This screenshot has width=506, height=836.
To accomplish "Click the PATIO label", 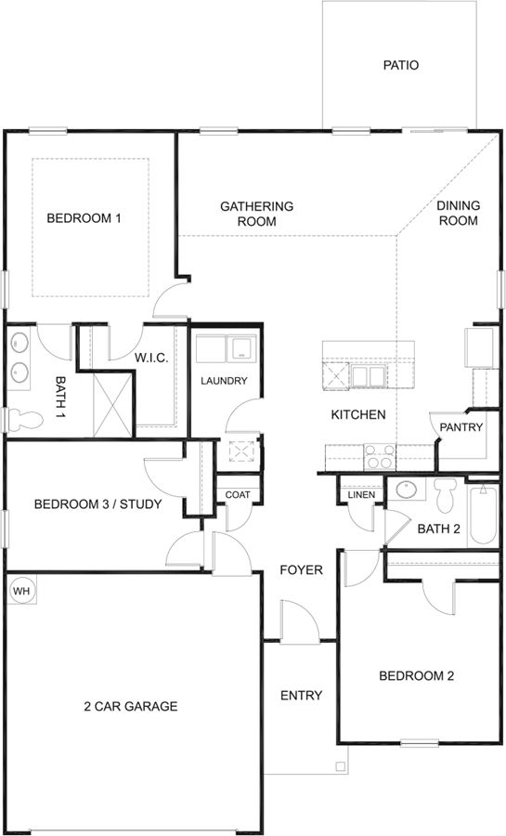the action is [x=401, y=65].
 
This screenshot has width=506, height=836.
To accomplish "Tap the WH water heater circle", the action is [x=20, y=591].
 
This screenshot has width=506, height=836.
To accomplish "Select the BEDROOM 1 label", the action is [x=84, y=218].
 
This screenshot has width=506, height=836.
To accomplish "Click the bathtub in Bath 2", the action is [x=483, y=514].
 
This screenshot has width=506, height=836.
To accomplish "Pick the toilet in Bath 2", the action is [x=443, y=494].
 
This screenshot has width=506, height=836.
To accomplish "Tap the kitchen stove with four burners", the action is [x=379, y=456].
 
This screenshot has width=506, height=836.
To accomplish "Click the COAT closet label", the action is [x=238, y=495].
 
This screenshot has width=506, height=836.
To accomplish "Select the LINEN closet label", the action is [x=362, y=495].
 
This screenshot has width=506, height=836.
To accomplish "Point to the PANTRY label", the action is [x=461, y=427].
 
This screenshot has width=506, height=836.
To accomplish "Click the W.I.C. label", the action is [x=150, y=359].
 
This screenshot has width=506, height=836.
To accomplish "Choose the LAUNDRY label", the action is [x=224, y=381].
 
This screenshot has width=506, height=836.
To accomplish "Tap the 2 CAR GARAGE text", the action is [x=131, y=707].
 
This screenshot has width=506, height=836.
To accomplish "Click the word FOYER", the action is [x=302, y=570].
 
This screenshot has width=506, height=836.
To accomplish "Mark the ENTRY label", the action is [x=302, y=695].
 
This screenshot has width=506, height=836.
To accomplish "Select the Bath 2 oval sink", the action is [x=407, y=489].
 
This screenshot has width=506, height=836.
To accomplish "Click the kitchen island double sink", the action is [x=368, y=376].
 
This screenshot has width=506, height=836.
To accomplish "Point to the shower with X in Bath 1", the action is [x=111, y=405].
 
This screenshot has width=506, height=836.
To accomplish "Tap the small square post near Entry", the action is [x=341, y=766].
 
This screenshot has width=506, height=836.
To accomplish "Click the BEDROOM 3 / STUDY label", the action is [x=98, y=503].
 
